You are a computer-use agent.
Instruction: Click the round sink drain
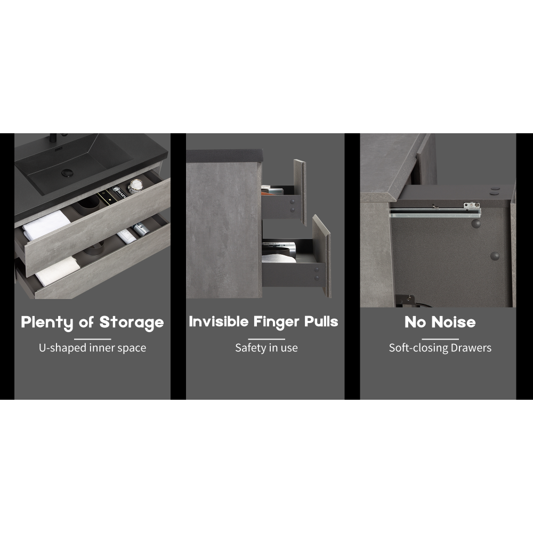tap(67, 173)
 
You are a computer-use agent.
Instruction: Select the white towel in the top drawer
tap(46, 224)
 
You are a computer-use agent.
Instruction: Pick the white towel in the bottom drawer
tap(58, 271)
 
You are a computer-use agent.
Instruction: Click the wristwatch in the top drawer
tap(135, 186)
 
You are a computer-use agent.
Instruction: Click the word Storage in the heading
tap(132, 322)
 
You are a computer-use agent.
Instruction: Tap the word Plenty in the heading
tap(47, 322)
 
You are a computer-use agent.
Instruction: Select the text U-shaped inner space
tap(92, 348)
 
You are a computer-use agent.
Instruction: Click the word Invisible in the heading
tap(219, 321)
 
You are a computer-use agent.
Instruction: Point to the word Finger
tap(276, 322)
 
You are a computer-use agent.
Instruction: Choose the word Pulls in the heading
tap(321, 321)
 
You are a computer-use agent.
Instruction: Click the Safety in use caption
tap(266, 348)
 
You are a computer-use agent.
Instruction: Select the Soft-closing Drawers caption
tap(440, 348)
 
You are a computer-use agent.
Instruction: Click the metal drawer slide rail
tap(435, 212)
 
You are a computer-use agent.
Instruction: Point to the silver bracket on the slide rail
tap(472, 205)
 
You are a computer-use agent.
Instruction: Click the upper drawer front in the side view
tap(300, 192)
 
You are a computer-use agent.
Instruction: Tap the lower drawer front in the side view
tap(321, 256)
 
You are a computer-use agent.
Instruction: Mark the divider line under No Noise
tap(440, 339)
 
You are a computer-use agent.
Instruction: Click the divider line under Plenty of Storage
tap(92, 339)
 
